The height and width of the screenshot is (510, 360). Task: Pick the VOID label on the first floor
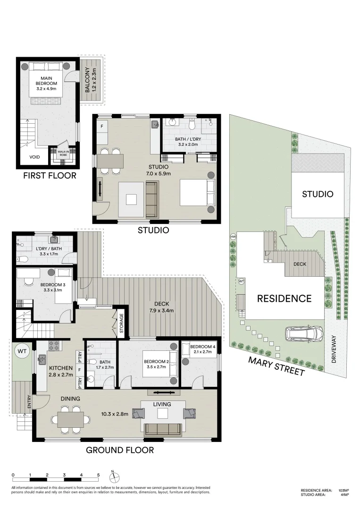(x=35, y=157)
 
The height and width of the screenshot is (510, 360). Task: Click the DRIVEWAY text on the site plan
(x=335, y=352)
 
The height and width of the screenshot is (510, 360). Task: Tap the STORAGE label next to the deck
(x=121, y=323)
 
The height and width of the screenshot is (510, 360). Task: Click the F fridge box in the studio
(x=102, y=127)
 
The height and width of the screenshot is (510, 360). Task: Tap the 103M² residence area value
(x=343, y=491)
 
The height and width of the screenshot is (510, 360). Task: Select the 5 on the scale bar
(x=98, y=475)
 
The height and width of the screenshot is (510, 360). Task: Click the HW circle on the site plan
(x=233, y=237)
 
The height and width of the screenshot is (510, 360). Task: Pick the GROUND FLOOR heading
(x=119, y=450)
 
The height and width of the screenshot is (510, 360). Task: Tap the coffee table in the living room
(x=163, y=414)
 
